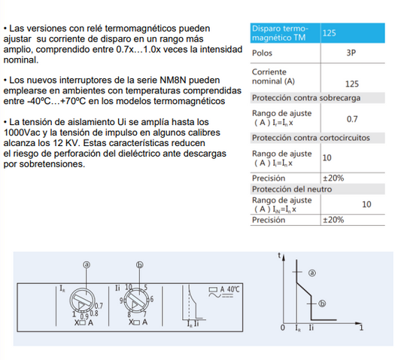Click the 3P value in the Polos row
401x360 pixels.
coord(351,54)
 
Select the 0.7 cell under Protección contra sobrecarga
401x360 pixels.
coord(351,119)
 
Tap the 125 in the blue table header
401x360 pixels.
coord(329,33)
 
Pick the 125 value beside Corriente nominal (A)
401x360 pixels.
coord(351,84)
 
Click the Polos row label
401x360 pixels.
coord(263,54)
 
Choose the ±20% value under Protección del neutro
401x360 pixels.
coord(333,220)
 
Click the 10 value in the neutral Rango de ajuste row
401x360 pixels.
coord(366,204)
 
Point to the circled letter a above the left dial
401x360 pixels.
coord(87,265)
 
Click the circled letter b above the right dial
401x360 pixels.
coord(139,265)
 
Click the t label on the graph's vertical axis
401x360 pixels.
coord(281,256)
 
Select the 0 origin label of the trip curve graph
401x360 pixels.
coord(283,328)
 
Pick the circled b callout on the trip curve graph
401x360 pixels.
coord(321,303)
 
